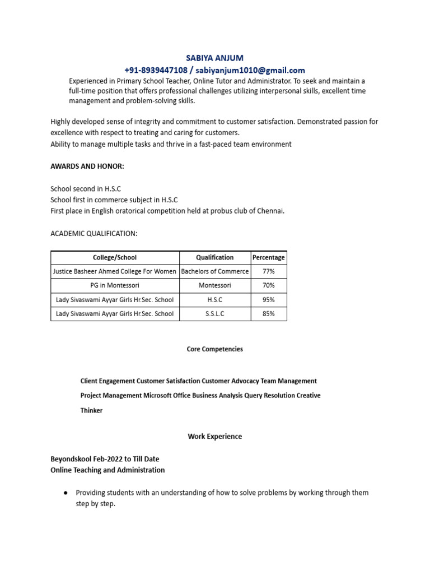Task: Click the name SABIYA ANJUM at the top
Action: [215, 58]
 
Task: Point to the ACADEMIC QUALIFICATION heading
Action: [94, 233]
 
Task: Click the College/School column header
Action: [115, 257]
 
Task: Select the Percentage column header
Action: [269, 257]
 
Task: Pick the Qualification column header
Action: [214, 257]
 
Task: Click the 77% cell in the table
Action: [269, 271]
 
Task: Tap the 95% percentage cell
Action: [269, 300]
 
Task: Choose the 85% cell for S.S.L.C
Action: [269, 314]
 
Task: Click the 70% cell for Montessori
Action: [269, 285]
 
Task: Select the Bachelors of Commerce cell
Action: [214, 271]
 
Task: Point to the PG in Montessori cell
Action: [115, 285]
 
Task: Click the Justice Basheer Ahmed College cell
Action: [115, 271]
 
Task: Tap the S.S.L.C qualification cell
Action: [214, 314]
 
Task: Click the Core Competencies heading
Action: [214, 349]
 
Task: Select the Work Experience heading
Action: [214, 436]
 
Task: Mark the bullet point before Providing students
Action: [66, 493]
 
